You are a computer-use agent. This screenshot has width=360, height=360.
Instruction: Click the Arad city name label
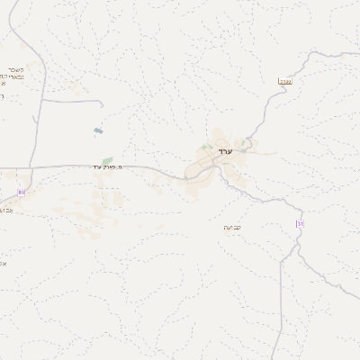coord(225,150)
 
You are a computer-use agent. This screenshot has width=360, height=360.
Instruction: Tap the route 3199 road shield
coord(285,82)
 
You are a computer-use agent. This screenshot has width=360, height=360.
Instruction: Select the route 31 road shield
coord(299,223)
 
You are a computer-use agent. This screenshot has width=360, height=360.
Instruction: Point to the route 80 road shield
coord(22,192)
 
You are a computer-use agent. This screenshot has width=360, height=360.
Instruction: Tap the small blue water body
coord(97,131)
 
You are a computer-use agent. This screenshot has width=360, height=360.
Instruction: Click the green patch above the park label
coord(107,159)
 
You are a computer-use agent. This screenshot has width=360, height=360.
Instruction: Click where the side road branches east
coord(40,100)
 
